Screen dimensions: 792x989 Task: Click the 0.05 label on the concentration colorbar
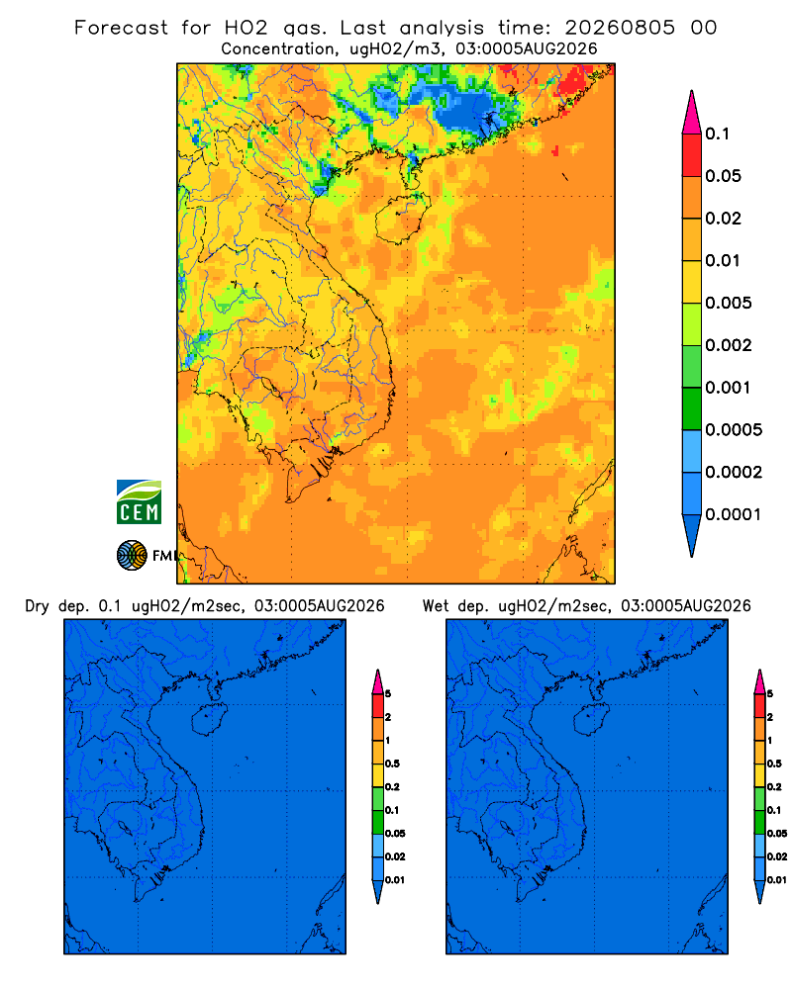(x=723, y=176)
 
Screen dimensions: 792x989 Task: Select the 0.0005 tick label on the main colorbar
(x=734, y=430)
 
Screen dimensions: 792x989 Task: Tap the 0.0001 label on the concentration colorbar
(x=734, y=514)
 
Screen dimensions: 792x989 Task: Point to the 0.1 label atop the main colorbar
(x=718, y=134)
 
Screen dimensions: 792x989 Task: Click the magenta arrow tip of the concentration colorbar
(x=692, y=114)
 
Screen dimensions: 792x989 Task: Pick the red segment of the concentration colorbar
(x=692, y=155)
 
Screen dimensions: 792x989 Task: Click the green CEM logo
(x=139, y=502)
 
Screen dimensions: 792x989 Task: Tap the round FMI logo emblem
(x=132, y=556)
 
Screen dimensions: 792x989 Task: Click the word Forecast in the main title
(x=121, y=28)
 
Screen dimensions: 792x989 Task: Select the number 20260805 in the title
(x=620, y=28)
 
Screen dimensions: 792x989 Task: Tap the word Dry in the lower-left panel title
(x=37, y=607)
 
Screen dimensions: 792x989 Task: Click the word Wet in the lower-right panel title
(x=436, y=606)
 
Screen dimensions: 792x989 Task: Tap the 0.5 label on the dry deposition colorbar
(x=392, y=764)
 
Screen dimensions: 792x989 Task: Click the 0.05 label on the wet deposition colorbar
(x=777, y=834)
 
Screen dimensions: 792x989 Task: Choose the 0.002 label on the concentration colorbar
(x=729, y=345)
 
